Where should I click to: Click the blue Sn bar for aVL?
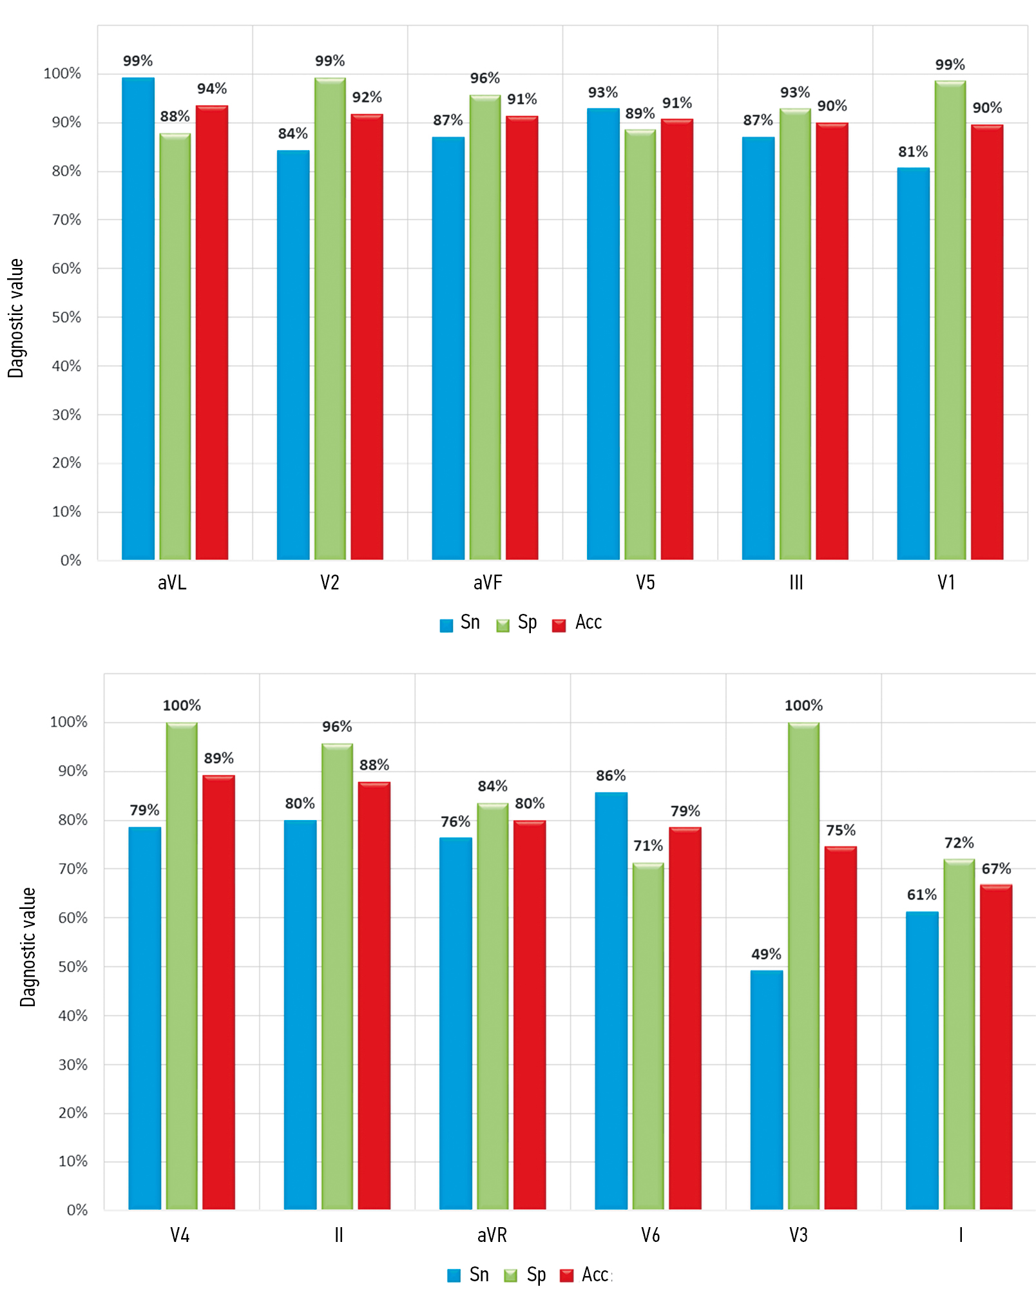click(138, 319)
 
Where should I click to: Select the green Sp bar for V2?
click(330, 319)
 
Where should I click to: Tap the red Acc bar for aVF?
click(522, 338)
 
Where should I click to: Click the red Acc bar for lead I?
click(996, 1047)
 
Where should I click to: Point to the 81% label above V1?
click(913, 152)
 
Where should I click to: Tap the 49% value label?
click(766, 954)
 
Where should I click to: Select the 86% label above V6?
click(611, 776)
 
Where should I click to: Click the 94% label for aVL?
click(212, 89)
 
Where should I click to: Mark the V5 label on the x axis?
click(645, 583)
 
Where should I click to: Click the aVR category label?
click(492, 1236)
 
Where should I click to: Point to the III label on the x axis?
click(796, 583)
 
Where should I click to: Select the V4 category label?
click(180, 1236)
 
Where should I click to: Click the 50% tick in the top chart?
click(66, 318)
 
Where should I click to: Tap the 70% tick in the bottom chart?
click(73, 869)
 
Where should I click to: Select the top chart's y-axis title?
click(15, 318)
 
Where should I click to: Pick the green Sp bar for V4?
click(182, 966)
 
